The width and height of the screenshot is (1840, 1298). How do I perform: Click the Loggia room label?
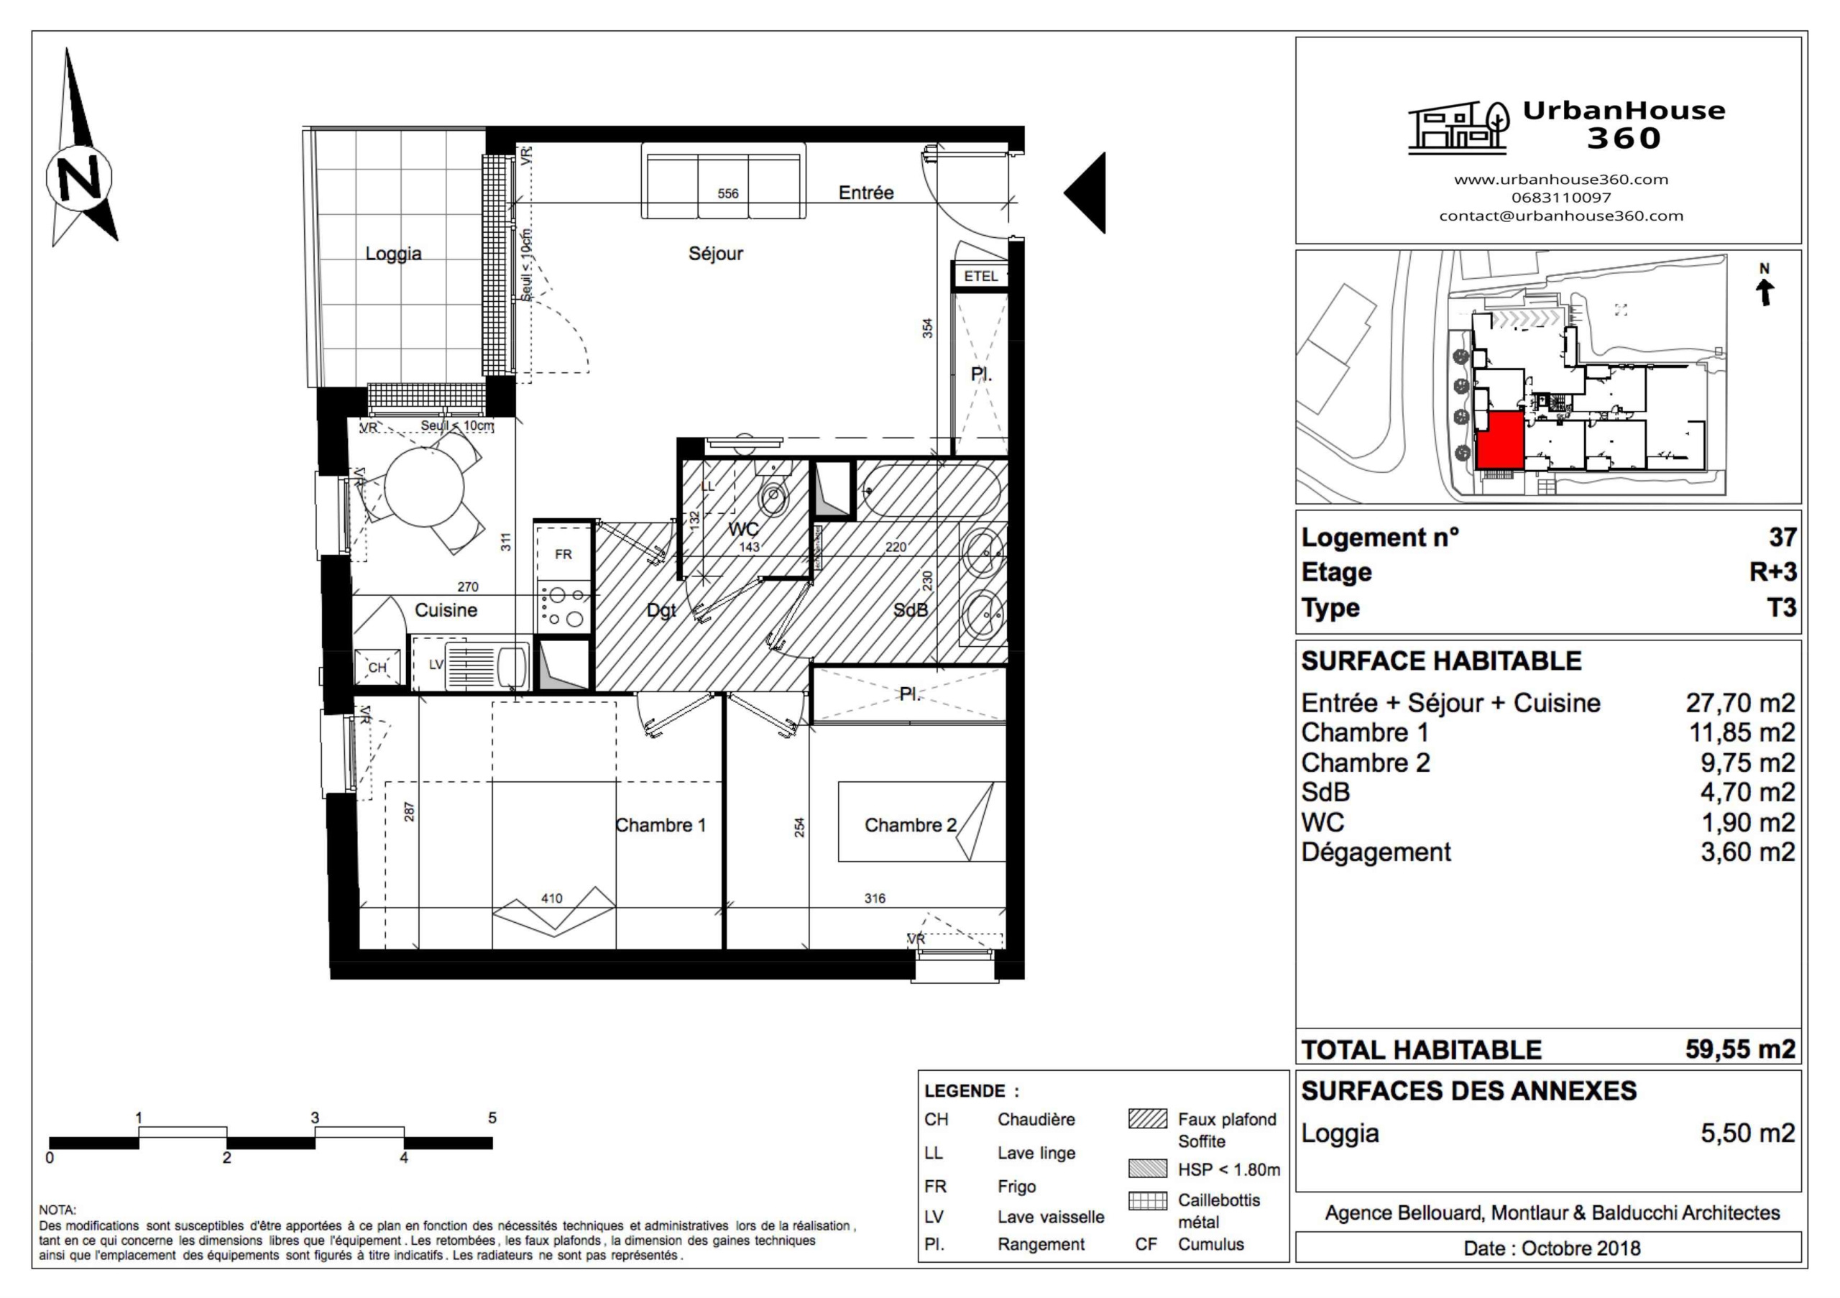pos(392,253)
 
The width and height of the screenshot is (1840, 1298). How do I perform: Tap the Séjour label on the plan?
pos(715,253)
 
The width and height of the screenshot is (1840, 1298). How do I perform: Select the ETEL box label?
pos(980,277)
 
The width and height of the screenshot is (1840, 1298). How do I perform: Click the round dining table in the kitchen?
pos(424,487)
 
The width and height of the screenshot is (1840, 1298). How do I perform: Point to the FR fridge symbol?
pos(563,553)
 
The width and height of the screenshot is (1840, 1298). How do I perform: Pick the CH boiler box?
pos(377,668)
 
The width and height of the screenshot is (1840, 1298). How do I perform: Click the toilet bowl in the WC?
pos(773,496)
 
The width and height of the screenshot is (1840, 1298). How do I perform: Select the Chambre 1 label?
pos(661,825)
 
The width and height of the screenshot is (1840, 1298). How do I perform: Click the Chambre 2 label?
pos(910,825)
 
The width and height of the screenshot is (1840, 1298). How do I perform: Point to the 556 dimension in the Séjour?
pos(727,193)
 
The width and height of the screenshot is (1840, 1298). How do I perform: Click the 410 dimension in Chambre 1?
pos(551,898)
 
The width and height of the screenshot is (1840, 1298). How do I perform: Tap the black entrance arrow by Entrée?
pos(1088,193)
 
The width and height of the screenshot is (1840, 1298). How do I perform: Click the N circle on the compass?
pos(79,177)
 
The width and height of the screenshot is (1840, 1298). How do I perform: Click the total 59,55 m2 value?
pos(1739,1049)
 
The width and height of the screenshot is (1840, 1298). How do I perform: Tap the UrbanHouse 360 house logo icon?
pos(1458,128)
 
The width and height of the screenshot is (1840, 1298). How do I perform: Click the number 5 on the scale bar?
pos(492,1118)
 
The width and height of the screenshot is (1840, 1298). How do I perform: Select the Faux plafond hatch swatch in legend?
pos(1147,1118)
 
